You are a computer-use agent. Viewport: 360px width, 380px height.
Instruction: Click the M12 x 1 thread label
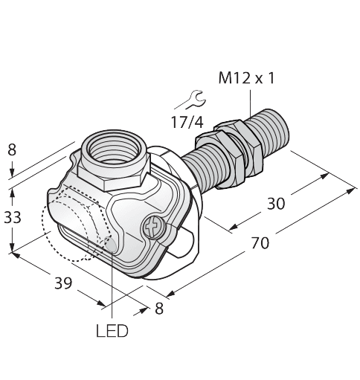click(246, 77)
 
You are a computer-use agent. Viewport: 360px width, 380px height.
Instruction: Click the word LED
click(112, 330)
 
